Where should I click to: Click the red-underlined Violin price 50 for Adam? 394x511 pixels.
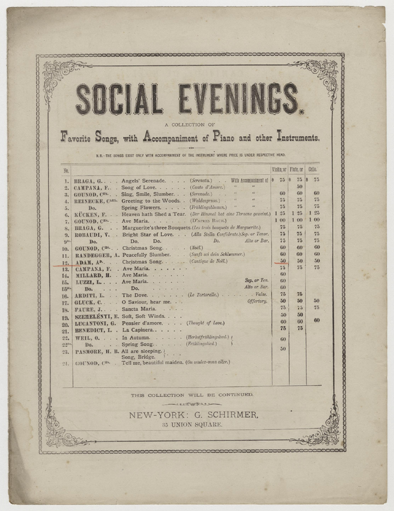282,261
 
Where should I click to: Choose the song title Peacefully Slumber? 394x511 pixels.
148,254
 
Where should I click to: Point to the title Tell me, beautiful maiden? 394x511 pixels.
153,363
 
